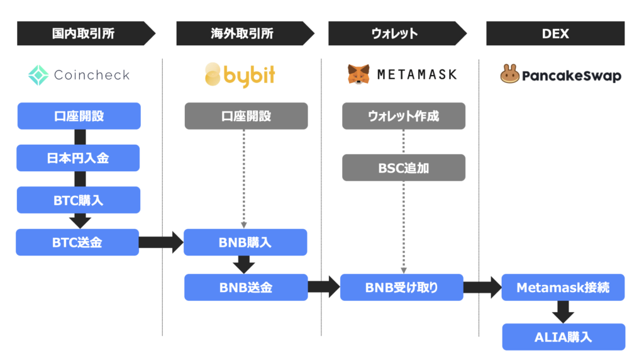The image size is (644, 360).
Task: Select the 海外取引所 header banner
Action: tap(245, 33)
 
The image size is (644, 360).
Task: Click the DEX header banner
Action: tap(555, 33)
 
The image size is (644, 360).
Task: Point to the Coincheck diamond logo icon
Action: tap(38, 75)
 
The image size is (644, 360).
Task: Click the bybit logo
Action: tap(240, 75)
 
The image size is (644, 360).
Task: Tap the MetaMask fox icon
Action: tap(358, 74)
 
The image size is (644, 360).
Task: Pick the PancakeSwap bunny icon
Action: tap(509, 74)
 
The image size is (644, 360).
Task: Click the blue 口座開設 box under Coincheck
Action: tap(79, 116)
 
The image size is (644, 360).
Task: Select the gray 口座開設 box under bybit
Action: tap(246, 116)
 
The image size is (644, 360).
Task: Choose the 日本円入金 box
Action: tap(78, 158)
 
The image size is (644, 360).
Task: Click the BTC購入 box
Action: tap(79, 200)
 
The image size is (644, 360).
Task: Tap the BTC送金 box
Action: tap(77, 242)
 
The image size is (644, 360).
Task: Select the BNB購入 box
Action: tap(245, 242)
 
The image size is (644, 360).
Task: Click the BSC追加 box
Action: tap(404, 167)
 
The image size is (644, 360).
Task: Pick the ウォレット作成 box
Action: tap(404, 116)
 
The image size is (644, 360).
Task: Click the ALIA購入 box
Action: tap(563, 337)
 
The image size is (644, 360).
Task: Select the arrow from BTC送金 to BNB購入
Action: tap(161, 242)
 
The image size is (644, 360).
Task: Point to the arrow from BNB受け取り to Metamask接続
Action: tap(482, 287)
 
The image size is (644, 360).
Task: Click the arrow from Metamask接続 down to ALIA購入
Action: tap(563, 312)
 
